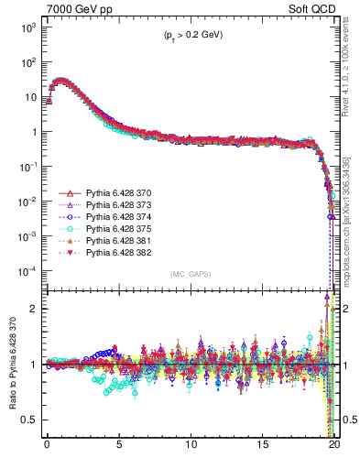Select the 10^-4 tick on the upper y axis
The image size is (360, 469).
click(x=28, y=271)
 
